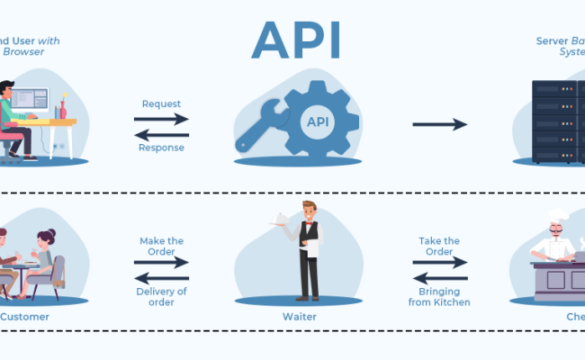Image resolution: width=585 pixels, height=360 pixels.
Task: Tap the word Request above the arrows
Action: click(162, 103)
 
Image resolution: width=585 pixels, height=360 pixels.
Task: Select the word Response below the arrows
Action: click(162, 148)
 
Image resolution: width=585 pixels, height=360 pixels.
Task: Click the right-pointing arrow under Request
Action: click(162, 119)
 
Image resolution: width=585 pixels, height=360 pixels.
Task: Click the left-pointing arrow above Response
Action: click(162, 133)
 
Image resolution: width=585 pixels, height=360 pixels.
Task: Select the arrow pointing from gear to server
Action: click(440, 124)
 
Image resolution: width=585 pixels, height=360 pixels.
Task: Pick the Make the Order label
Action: click(162, 247)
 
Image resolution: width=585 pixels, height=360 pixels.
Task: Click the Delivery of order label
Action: click(162, 296)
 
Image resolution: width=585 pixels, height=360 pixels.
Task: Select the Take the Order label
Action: click(439, 247)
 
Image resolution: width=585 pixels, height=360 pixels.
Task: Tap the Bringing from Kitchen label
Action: click(439, 296)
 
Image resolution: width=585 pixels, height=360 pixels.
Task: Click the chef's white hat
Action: click(559, 217)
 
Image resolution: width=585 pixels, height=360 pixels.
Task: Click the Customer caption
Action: click(23, 317)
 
